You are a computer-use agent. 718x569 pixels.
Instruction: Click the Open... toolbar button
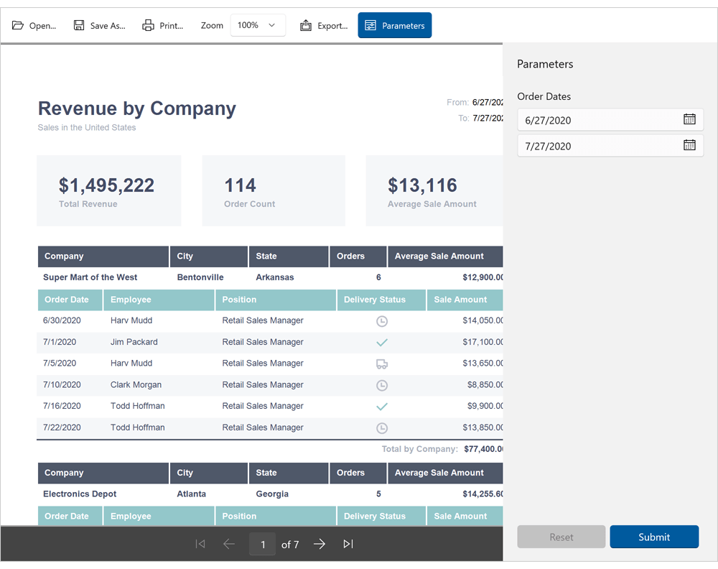(34, 25)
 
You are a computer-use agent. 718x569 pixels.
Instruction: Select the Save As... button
(100, 25)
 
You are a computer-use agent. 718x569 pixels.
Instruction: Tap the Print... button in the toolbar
(163, 25)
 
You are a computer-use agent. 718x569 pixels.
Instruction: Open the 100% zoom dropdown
(258, 25)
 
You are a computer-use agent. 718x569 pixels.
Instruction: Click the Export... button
(324, 25)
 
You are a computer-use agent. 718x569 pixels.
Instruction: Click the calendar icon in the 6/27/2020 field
(689, 119)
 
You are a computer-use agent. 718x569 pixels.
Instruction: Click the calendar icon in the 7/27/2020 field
(689, 145)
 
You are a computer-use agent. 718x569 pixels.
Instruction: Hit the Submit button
(654, 537)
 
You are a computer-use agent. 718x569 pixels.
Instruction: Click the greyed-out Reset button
(561, 537)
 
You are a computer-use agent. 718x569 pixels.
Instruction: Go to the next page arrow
(320, 544)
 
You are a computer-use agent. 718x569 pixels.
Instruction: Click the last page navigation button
(348, 544)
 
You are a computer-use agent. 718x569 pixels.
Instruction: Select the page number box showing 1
(263, 545)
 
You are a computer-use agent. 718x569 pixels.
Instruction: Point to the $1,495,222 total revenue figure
(106, 185)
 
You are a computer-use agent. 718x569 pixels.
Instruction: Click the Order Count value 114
(240, 185)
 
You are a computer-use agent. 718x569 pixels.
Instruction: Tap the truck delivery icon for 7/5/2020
(382, 364)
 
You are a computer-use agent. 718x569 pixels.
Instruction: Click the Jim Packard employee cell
(134, 342)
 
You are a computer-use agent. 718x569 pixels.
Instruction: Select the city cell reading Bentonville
(200, 277)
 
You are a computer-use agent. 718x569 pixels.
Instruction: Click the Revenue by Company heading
(137, 108)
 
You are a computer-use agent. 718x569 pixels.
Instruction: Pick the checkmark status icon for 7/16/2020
(382, 406)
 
